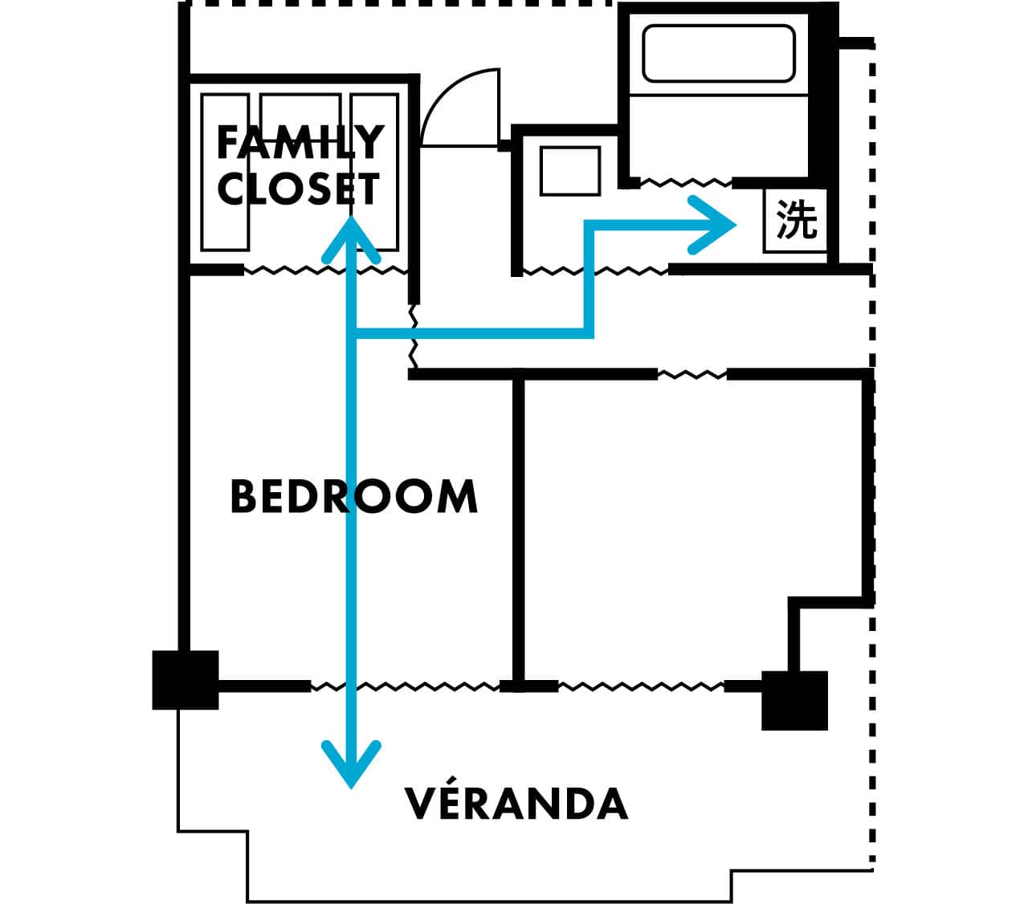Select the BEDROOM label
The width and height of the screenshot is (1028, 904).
[353, 497]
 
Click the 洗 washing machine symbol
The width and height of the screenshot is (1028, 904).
[796, 220]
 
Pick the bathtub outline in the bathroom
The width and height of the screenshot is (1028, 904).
[718, 53]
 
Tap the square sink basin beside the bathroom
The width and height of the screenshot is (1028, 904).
[570, 171]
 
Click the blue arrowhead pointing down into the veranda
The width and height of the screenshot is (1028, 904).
[351, 764]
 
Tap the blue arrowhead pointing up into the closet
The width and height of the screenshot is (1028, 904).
[351, 239]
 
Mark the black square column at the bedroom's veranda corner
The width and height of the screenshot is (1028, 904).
[186, 680]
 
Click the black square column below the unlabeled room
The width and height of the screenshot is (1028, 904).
[794, 701]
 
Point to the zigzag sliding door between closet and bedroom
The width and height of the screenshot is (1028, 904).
[326, 271]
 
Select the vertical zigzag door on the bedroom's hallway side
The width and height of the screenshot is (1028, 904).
[414, 336]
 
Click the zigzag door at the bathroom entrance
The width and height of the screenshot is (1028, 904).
[686, 182]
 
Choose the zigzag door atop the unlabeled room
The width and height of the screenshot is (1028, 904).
[692, 375]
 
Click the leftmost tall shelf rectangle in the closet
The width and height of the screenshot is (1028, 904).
[225, 172]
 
